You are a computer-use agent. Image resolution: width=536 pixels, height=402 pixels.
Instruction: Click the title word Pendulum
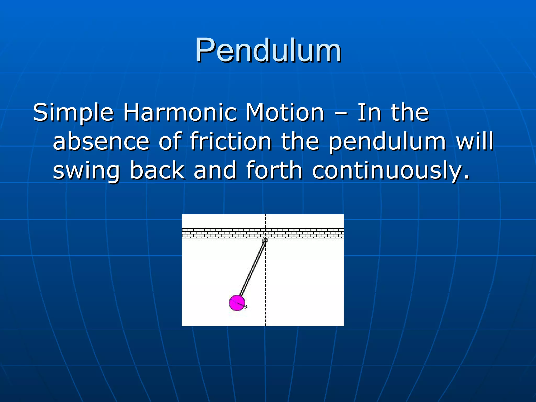click(268, 50)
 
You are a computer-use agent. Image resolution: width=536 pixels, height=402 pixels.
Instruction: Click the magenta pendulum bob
click(237, 303)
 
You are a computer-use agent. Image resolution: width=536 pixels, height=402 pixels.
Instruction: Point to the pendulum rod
click(252, 268)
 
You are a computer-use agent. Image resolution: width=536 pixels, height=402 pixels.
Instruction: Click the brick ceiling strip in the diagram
click(222, 233)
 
